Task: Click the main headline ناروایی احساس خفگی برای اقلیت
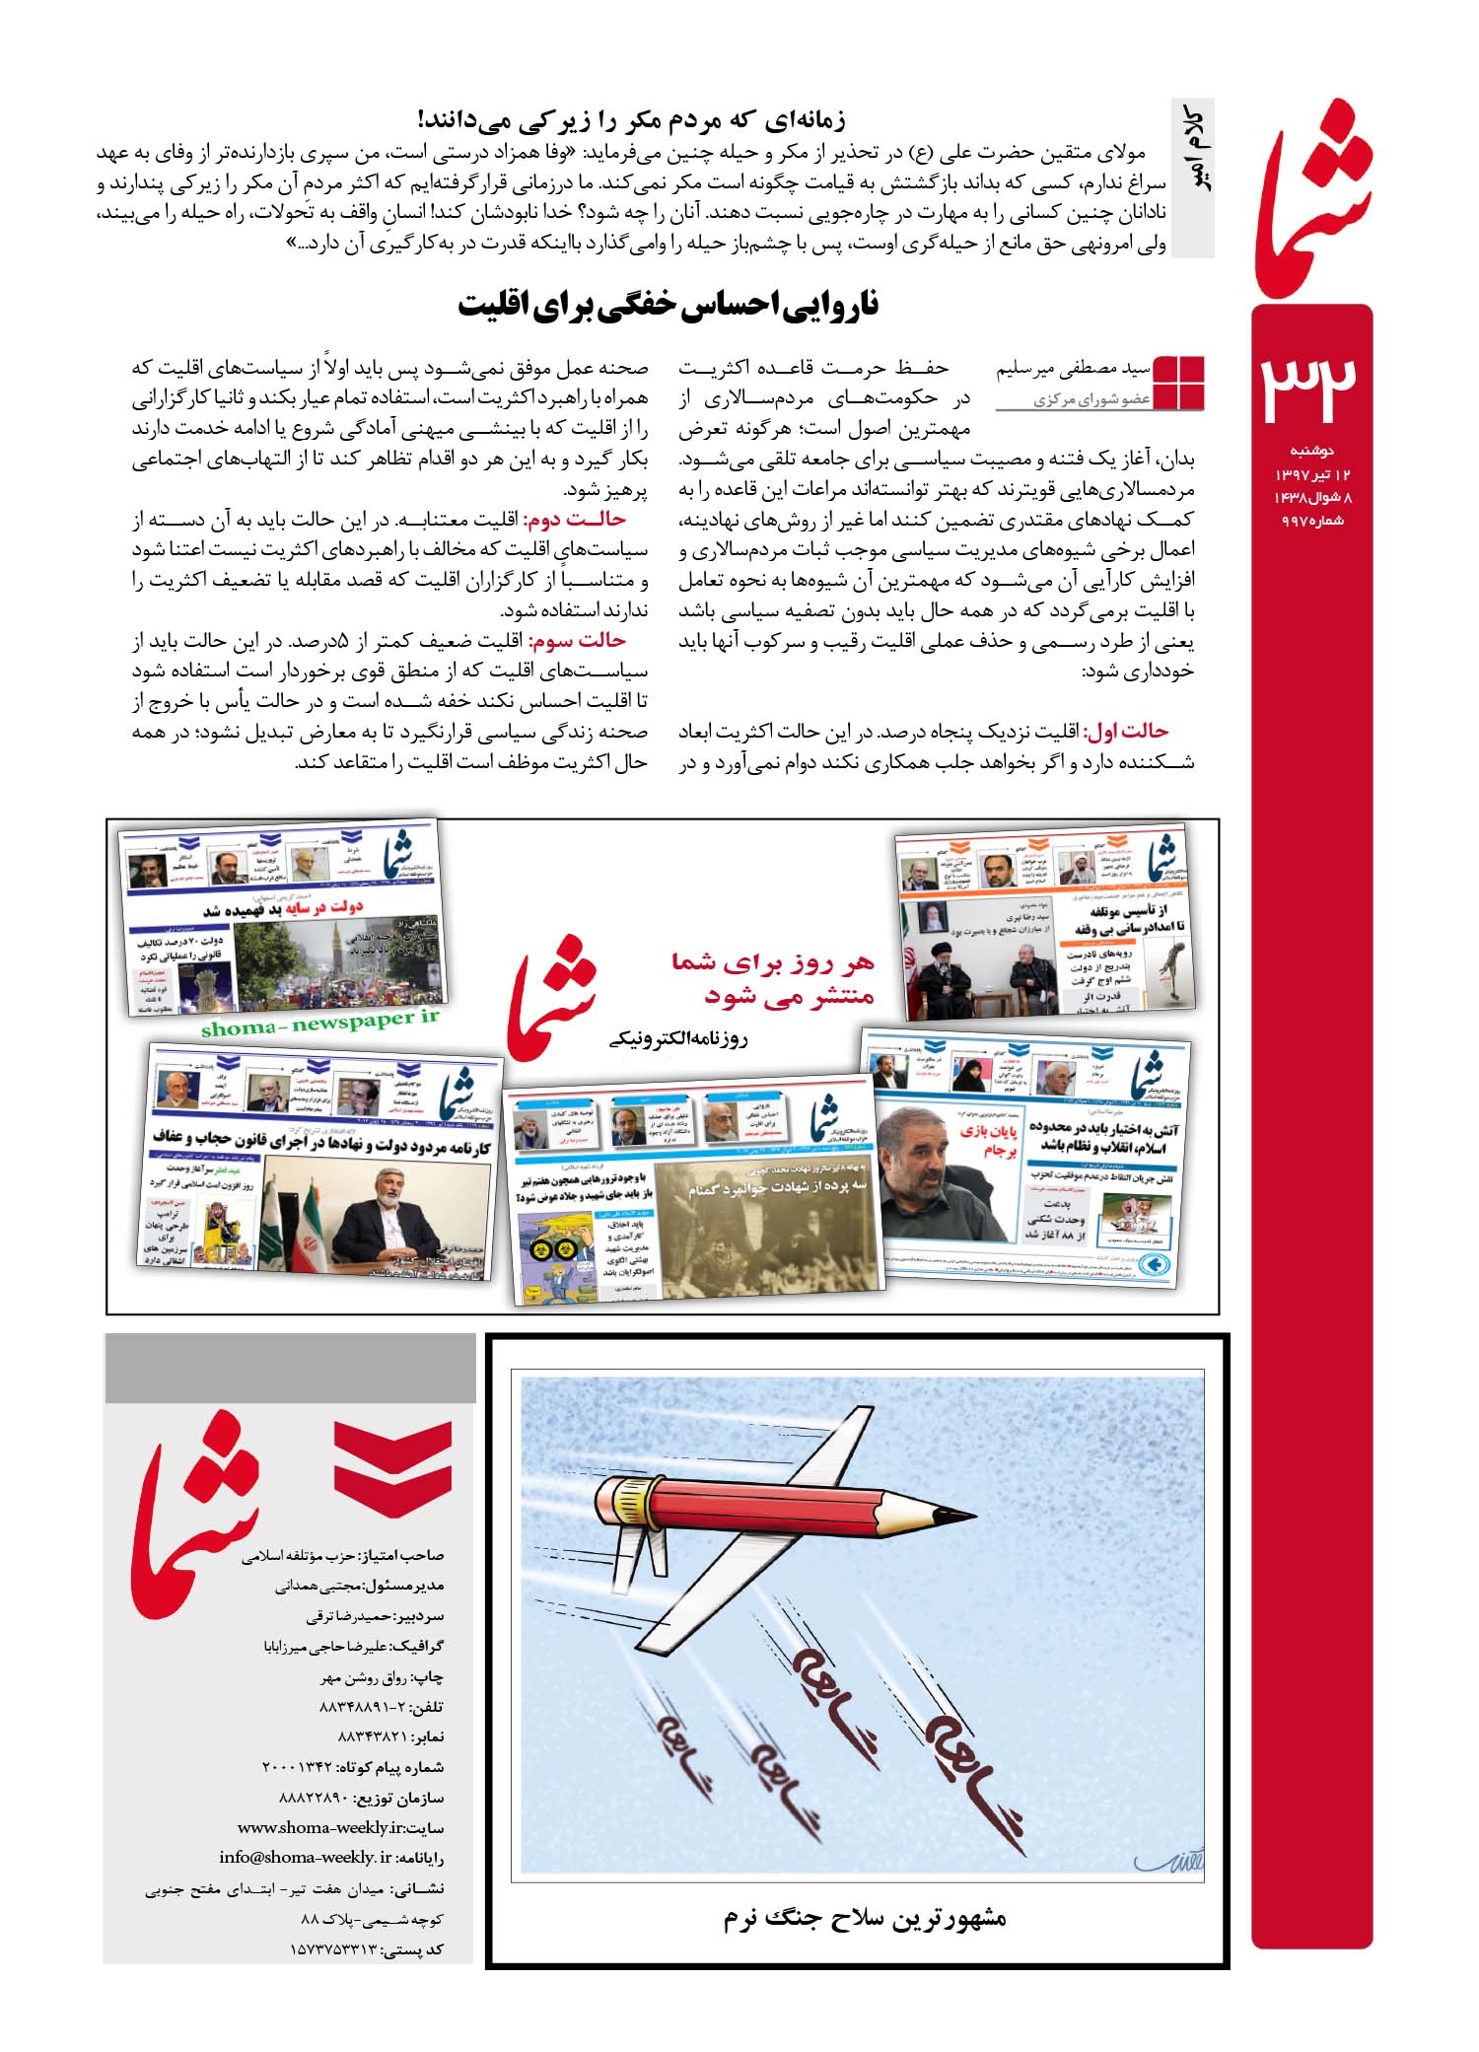(668, 306)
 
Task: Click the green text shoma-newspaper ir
(319, 1024)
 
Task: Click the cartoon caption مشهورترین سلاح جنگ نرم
(864, 1918)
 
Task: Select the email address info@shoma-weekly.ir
(306, 1858)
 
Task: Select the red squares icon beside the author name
(1178, 383)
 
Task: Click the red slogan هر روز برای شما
(773, 962)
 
